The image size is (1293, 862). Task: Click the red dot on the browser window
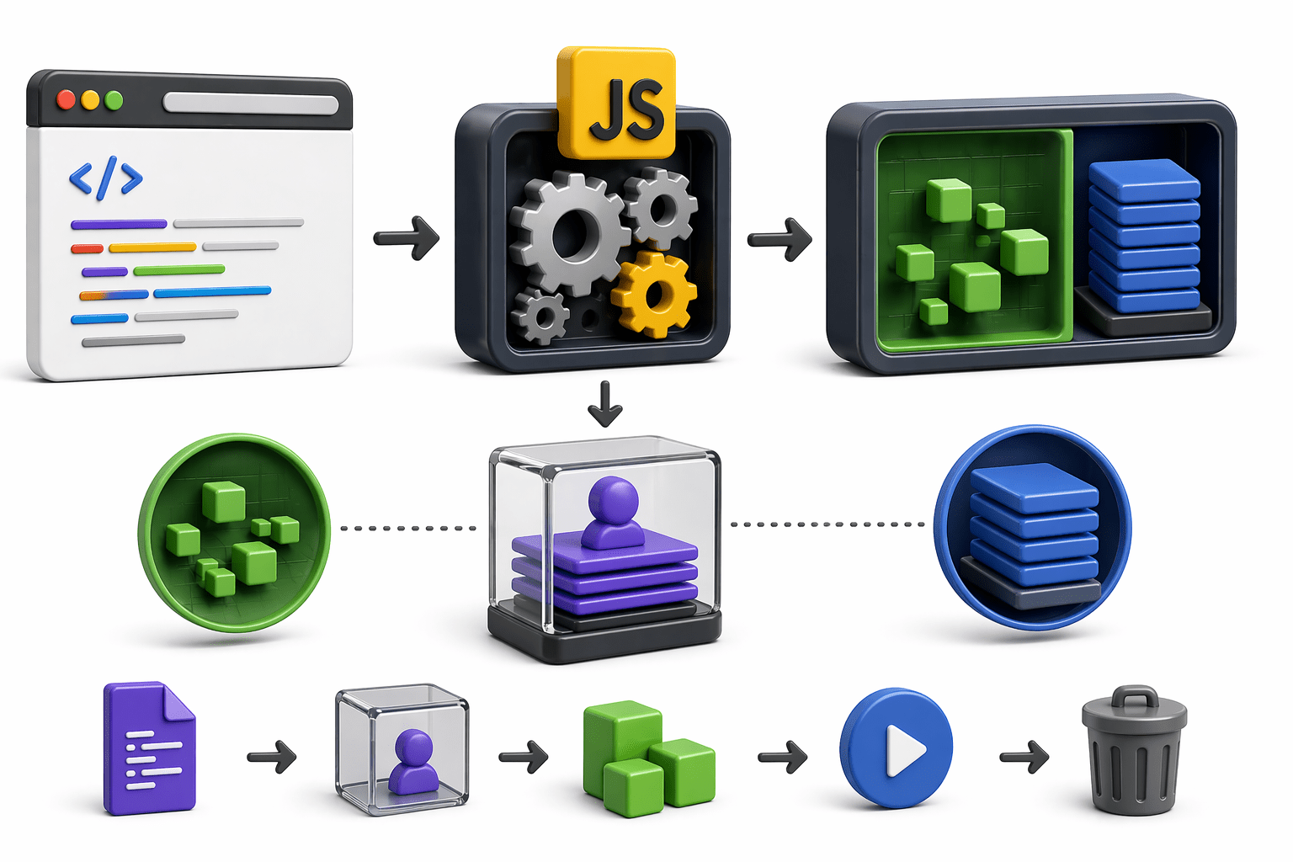coord(66,100)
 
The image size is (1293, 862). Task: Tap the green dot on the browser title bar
coord(114,101)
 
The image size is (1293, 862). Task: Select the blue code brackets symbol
coord(105,178)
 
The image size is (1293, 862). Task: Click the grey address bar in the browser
coord(250,104)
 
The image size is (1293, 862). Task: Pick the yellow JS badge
coord(616,104)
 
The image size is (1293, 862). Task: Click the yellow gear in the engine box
coord(654,294)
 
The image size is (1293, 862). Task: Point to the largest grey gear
coord(570,233)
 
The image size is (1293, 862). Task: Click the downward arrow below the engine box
coord(604,404)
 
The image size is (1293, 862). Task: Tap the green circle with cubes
coord(234,533)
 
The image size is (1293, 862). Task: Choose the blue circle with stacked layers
coord(1033,528)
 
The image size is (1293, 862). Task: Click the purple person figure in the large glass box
coord(612,512)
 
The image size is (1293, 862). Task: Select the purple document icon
coord(149,748)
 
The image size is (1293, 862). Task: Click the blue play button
coord(896,748)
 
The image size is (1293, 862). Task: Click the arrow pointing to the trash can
coord(1024,757)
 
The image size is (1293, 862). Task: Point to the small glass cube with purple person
coord(402,749)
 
